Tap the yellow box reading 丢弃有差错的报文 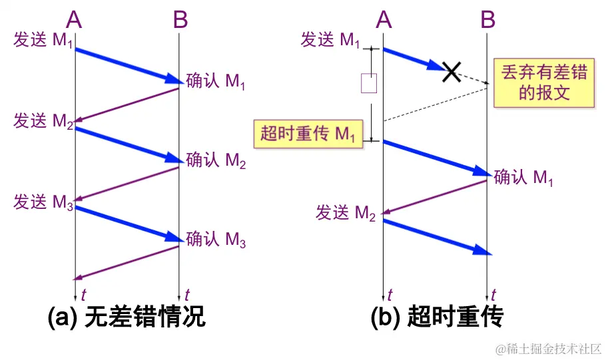pyautogui.click(x=544, y=83)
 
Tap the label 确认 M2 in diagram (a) pyautogui.click(x=216, y=160)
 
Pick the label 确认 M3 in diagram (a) pyautogui.click(x=216, y=239)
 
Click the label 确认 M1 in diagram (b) pyautogui.click(x=523, y=178)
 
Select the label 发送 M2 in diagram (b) pyautogui.click(x=346, y=213)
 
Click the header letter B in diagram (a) pyautogui.click(x=180, y=20)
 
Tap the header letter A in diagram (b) pyautogui.click(x=383, y=20)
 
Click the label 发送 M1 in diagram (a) pyautogui.click(x=42, y=40)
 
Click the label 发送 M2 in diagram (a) pyautogui.click(x=42, y=122)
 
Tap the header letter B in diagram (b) pyautogui.click(x=488, y=20)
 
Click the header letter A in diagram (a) pyautogui.click(x=74, y=20)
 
